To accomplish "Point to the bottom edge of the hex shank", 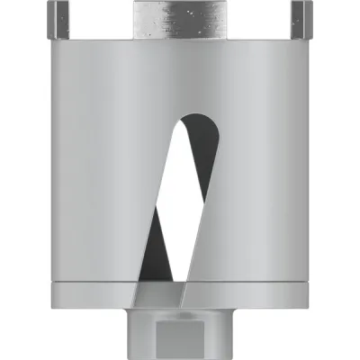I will (x=180, y=356).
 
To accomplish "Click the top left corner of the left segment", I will (x=52, y=4).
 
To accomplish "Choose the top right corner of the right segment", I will (x=308, y=4).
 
